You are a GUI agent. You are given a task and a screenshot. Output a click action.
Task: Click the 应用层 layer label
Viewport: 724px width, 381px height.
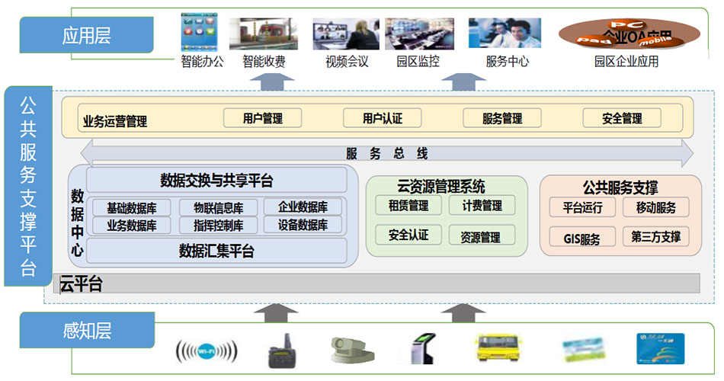pos(87,36)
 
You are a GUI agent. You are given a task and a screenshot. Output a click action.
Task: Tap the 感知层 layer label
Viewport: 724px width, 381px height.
pos(87,331)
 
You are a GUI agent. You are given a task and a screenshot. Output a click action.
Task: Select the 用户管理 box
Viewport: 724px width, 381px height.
pos(262,118)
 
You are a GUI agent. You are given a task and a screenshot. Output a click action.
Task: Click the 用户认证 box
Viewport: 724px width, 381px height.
pos(382,118)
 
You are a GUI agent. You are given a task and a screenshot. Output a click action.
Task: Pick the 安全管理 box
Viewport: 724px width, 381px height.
pos(622,118)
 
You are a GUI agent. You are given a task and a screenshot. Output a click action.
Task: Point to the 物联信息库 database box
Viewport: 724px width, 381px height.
pos(217,207)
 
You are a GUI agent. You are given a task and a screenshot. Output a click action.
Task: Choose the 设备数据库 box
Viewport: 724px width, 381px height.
pos(303,226)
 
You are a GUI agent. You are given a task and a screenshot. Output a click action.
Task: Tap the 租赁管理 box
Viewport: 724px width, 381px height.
pos(408,206)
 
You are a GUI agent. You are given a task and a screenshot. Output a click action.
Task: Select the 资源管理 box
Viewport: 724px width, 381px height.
pos(480,237)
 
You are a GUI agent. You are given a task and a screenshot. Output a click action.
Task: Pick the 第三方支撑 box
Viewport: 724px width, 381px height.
pos(655,236)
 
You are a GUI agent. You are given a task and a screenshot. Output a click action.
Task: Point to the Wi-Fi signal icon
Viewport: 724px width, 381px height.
pos(207,351)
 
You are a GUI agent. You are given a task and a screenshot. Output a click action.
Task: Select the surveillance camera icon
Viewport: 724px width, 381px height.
pos(351,351)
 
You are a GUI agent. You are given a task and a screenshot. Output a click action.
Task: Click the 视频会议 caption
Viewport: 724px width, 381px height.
pos(347,62)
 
